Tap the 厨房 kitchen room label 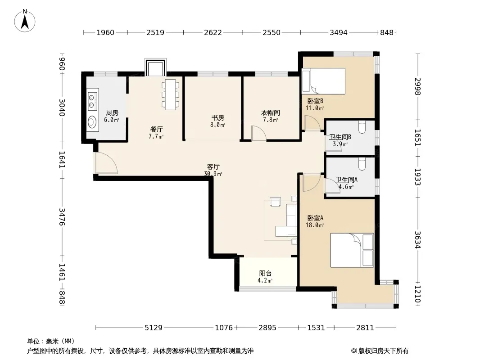[112, 113]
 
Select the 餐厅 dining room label [156, 130]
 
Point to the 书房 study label [217, 118]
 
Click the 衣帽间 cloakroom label [270, 113]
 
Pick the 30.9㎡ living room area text [213, 174]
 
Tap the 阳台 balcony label [265, 274]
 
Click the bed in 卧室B [324, 81]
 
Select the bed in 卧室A [352, 250]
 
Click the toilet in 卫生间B [362, 127]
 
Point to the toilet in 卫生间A [362, 164]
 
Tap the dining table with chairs [171, 94]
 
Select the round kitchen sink [92, 122]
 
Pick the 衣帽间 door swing [258, 133]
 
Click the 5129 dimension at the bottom [154, 328]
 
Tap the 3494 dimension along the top [338, 32]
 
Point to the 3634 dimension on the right [417, 239]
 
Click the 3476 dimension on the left [62, 217]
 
